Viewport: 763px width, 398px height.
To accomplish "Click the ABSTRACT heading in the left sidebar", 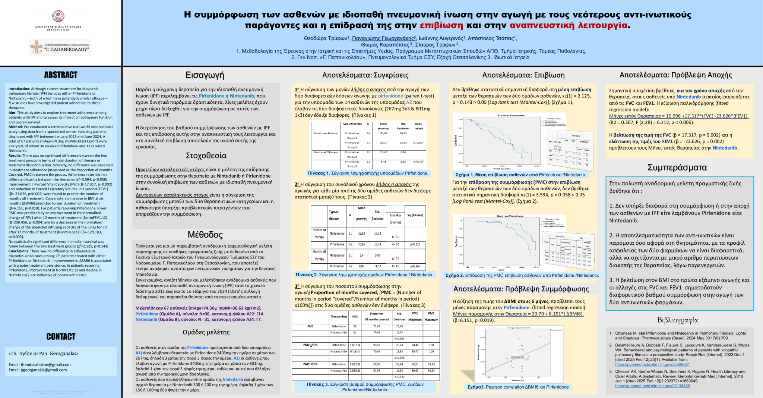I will click(61, 75).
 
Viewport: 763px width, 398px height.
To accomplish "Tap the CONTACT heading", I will click(61, 337).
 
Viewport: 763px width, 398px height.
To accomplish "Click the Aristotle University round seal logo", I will click(58, 16).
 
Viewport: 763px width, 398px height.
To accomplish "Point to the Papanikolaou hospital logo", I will click(60, 48).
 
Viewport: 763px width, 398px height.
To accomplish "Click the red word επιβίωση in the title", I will click(441, 25).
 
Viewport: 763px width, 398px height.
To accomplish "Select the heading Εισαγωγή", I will click(205, 75).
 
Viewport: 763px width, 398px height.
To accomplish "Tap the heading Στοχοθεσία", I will click(206, 156).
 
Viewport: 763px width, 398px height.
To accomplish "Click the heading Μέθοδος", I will click(205, 235).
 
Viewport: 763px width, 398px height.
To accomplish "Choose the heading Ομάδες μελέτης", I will click(206, 332).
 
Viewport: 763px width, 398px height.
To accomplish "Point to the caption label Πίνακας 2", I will click(307, 275).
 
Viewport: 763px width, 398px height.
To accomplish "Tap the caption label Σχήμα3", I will click(476, 387).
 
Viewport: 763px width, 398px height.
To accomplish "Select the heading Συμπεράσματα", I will click(677, 167).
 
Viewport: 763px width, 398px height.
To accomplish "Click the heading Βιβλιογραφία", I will click(677, 320).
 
